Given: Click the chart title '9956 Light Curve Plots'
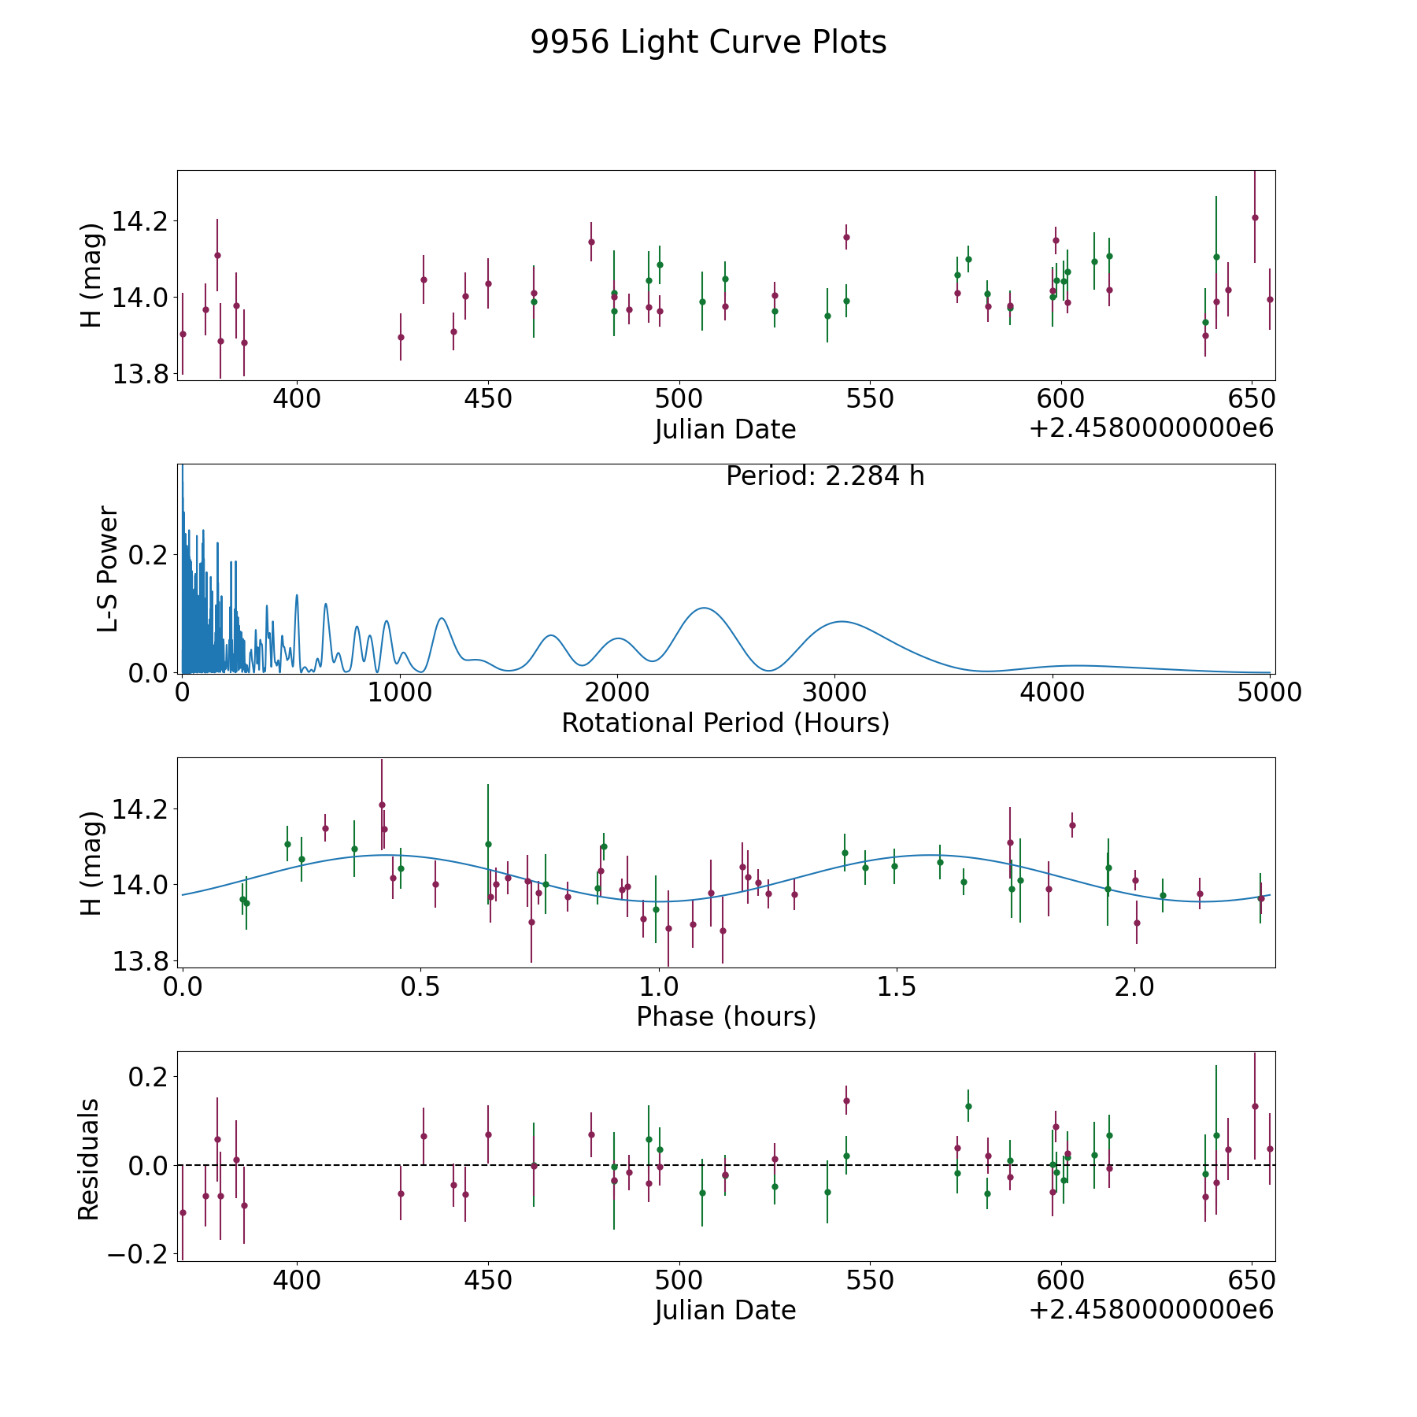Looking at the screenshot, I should pyautogui.click(x=708, y=43).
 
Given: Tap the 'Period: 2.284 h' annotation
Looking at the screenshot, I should pyautogui.click(x=824, y=476).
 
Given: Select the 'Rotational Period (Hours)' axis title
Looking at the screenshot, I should pyautogui.click(x=725, y=723).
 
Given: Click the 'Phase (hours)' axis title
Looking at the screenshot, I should pyautogui.click(x=726, y=1016).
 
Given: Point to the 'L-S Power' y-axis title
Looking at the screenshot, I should pyautogui.click(x=109, y=568).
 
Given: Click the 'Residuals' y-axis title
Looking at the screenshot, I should pyautogui.click(x=88, y=1159).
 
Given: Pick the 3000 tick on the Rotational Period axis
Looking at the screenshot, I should pyautogui.click(x=834, y=692).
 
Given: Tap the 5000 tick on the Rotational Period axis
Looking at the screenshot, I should pyautogui.click(x=1270, y=692).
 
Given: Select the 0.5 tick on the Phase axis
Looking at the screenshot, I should pyautogui.click(x=420, y=986).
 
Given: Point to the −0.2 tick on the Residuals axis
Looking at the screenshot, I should pyautogui.click(x=139, y=1254).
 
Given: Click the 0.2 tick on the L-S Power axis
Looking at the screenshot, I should pyautogui.click(x=150, y=555).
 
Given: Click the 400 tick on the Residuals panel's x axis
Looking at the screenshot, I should pyautogui.click(x=296, y=1279).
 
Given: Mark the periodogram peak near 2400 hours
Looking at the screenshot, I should pyautogui.click(x=703, y=608).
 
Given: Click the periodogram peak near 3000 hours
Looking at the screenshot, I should pyautogui.click(x=841, y=621).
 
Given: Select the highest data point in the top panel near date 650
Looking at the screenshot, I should pyautogui.click(x=1255, y=218).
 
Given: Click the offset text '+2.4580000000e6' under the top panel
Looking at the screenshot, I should pyautogui.click(x=1151, y=428).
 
